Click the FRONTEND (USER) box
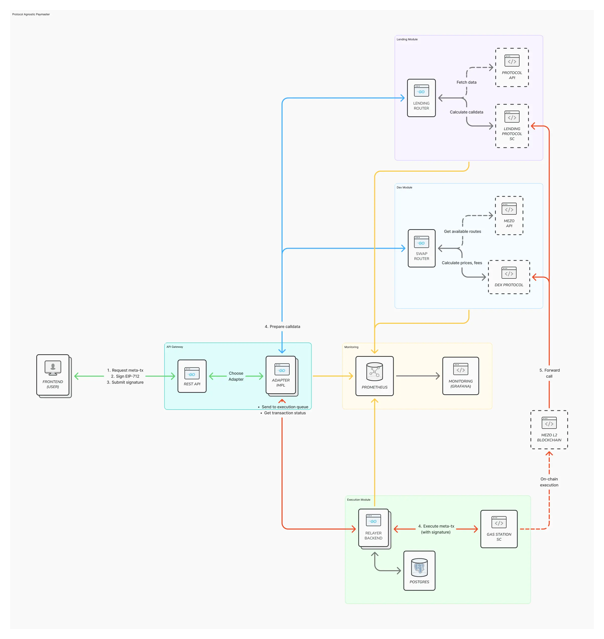53,375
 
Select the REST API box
192,376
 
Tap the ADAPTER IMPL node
281,375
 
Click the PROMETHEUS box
374,376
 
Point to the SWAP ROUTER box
422,248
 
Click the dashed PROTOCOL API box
512,68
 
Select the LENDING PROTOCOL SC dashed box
512,126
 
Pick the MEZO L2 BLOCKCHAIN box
549,430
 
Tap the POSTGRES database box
419,570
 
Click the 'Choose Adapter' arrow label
236,376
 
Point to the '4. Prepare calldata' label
282,327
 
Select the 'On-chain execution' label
549,482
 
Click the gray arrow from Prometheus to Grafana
418,376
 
